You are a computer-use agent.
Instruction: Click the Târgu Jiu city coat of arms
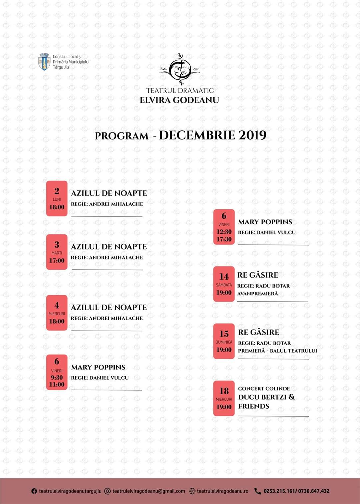tap(44, 62)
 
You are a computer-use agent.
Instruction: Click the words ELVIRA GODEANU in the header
tap(179, 100)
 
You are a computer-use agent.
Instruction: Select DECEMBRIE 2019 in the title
tap(213, 135)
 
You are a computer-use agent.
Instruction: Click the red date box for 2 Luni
tap(57, 198)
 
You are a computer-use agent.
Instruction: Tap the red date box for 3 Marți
tap(57, 252)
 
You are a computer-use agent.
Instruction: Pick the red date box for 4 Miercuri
tap(57, 313)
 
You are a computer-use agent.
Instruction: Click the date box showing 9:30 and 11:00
tap(57, 372)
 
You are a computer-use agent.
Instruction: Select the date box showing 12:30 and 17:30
tap(224, 227)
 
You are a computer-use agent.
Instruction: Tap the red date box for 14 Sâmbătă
tap(224, 284)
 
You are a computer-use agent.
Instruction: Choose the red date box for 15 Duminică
tap(224, 341)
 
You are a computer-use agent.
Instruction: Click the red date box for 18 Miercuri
tap(224, 398)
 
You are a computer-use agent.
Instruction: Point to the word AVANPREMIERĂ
tap(257, 294)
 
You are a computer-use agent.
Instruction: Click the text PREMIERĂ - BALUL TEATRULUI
tap(277, 351)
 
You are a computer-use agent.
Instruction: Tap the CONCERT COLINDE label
tap(264, 389)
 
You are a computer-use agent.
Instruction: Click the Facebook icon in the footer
tap(34, 491)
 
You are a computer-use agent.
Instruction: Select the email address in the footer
tap(149, 491)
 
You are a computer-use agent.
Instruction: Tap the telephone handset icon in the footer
tap(257, 491)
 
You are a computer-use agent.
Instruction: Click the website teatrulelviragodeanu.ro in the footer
tap(222, 491)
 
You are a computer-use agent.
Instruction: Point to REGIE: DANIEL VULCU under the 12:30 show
tap(267, 232)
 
